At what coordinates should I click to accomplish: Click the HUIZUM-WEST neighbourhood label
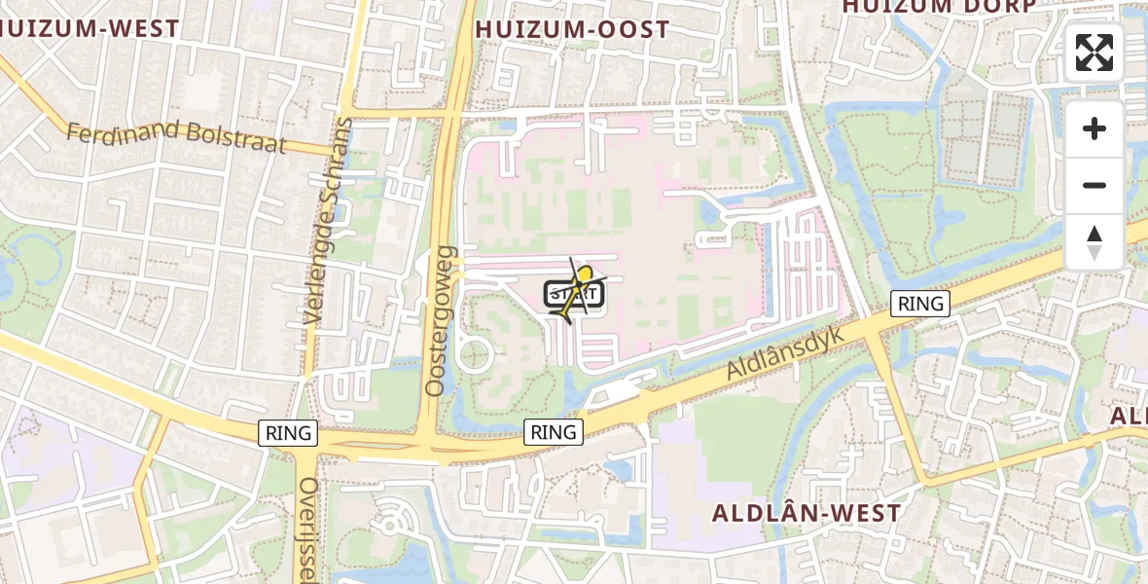(90, 29)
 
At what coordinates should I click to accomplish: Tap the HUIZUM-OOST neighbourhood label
(572, 30)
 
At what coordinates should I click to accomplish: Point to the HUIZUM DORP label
(938, 6)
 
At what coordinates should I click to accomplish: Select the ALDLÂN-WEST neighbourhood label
(807, 513)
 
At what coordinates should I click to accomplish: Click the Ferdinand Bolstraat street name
(176, 137)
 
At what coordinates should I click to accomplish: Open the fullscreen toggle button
(1094, 53)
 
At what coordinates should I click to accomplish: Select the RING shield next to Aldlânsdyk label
(919, 304)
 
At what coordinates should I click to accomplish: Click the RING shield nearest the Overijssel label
(289, 433)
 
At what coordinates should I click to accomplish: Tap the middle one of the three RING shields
(554, 431)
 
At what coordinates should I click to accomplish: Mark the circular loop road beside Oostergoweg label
(474, 354)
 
